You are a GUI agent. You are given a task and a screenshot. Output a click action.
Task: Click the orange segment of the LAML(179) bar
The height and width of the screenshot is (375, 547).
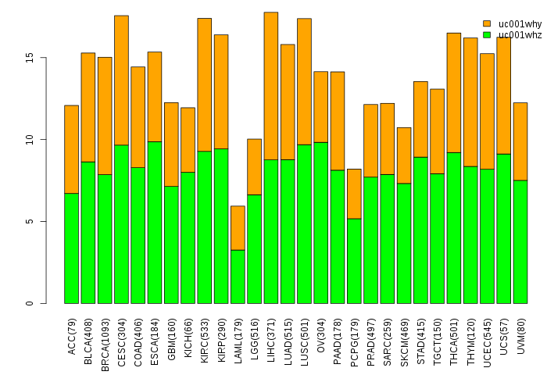(238, 228)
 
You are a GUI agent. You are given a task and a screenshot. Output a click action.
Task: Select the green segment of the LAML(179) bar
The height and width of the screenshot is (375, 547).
(238, 277)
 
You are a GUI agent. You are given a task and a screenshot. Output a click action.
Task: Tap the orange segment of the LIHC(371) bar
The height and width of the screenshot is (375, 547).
(270, 86)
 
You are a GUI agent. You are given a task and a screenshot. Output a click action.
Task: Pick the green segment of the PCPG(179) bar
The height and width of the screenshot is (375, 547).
(354, 261)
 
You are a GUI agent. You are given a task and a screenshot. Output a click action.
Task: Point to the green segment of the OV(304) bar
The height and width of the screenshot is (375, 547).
(320, 223)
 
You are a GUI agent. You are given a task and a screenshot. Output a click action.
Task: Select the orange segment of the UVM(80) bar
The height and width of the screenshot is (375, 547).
(520, 141)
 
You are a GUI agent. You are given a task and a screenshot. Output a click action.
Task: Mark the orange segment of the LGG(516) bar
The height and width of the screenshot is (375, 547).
(254, 166)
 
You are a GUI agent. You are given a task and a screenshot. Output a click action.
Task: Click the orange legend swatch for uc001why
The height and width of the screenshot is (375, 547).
(487, 23)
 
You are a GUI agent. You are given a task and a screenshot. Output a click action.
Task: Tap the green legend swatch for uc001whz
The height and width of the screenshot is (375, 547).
(487, 34)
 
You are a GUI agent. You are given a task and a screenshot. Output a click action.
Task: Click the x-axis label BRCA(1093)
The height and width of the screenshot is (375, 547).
(105, 334)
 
